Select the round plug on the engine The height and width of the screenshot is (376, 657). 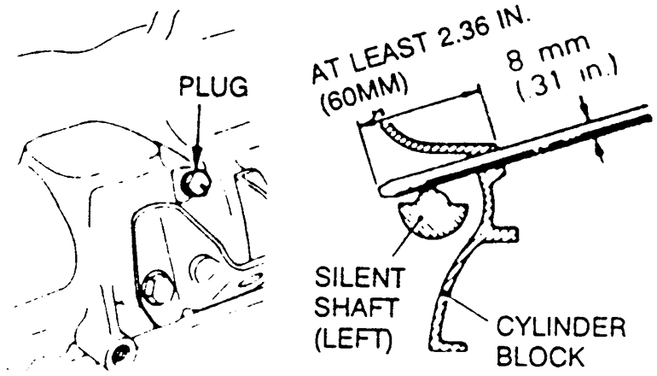click(195, 181)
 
